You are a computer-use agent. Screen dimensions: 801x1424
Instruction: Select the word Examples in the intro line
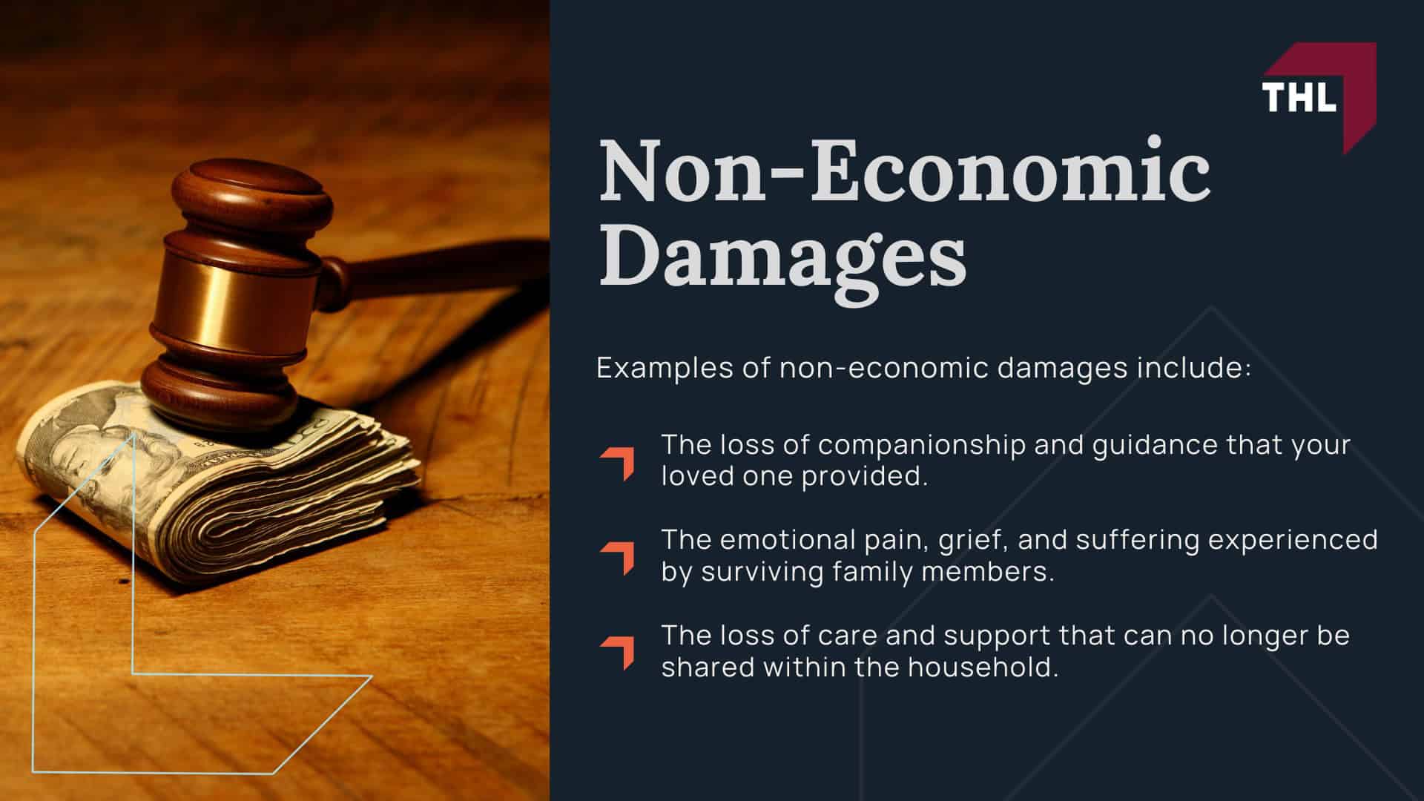pyautogui.click(x=662, y=369)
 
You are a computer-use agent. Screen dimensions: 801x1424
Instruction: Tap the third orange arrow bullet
pyautogui.click(x=618, y=652)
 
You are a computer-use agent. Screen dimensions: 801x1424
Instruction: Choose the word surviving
pyautogui.click(x=762, y=573)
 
